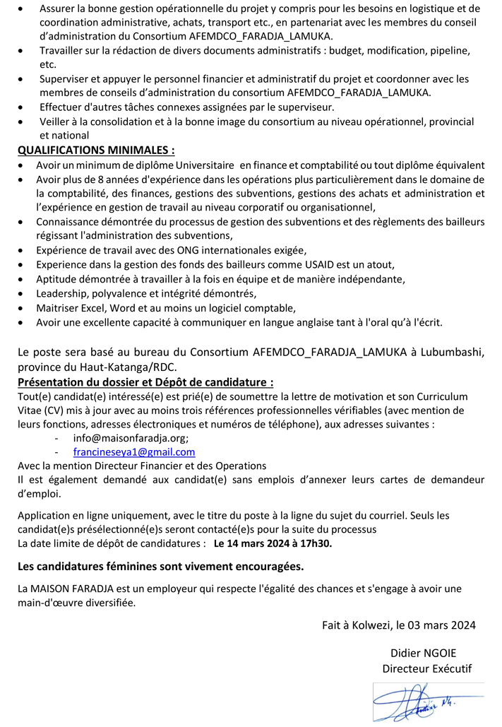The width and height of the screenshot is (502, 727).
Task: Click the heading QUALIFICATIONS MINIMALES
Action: click(96, 150)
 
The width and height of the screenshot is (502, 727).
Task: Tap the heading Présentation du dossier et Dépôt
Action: click(145, 382)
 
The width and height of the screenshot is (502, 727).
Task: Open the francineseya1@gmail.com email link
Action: click(134, 452)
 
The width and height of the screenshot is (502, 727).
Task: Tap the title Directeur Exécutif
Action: click(426, 668)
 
